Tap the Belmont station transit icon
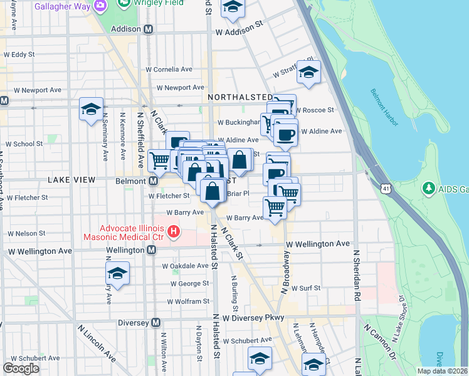[153, 180]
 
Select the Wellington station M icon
[152, 250]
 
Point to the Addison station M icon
[149, 29]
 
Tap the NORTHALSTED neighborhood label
[240, 98]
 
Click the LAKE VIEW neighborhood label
[71, 180]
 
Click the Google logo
[21, 368]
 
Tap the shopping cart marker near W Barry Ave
[275, 207]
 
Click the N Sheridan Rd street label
[357, 276]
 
